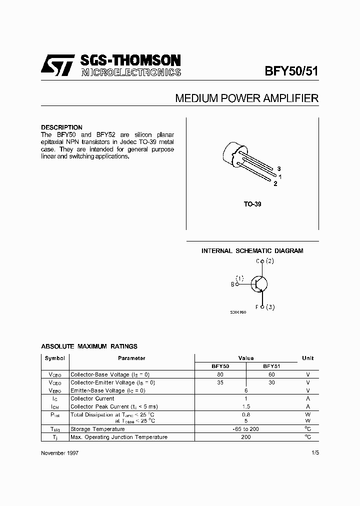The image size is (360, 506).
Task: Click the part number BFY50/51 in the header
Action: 291,71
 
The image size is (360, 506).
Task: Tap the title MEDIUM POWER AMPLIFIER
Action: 246,98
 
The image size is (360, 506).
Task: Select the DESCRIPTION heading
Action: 61,127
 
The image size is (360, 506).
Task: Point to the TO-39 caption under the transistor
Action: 253,204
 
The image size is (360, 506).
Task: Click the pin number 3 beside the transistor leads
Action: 279,168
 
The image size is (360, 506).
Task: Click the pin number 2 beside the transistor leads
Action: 275,183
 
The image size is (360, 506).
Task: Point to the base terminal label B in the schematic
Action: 232,284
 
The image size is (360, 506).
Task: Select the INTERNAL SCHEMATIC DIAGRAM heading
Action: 252,251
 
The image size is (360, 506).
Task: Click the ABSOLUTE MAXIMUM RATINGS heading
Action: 89,346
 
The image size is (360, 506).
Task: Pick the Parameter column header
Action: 131,358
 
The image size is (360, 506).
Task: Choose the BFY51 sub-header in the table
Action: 271,366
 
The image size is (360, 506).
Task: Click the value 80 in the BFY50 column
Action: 220,374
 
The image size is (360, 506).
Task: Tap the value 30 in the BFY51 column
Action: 271,382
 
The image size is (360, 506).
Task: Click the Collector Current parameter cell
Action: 92,398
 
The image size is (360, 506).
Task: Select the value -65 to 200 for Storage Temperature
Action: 245,429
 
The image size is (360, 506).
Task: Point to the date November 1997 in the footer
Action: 59,452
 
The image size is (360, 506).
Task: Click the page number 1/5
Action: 313,452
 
